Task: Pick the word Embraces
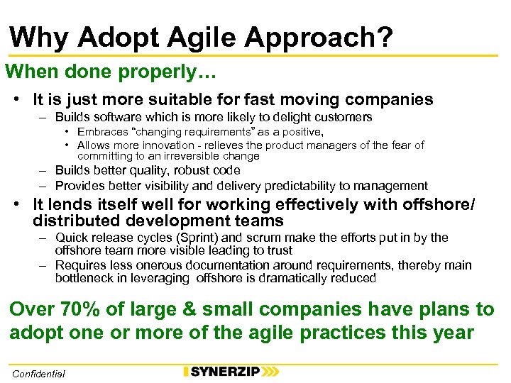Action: click(x=103, y=132)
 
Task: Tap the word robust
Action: click(x=189, y=170)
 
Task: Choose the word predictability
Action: click(x=304, y=186)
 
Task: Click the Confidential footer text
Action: click(x=38, y=374)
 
